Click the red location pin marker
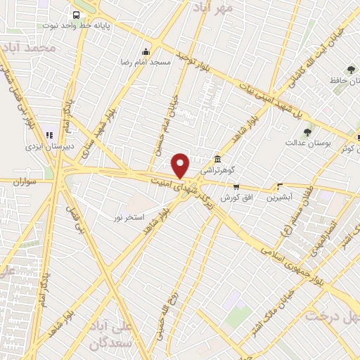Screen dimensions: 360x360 (181, 165)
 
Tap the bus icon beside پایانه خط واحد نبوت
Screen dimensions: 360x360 (76, 14)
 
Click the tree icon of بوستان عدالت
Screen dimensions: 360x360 (307, 131)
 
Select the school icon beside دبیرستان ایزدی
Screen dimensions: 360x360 (49, 135)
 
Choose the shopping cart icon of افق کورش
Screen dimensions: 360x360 (236, 187)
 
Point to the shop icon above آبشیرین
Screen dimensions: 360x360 (280, 187)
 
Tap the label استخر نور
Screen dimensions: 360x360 (129, 218)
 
